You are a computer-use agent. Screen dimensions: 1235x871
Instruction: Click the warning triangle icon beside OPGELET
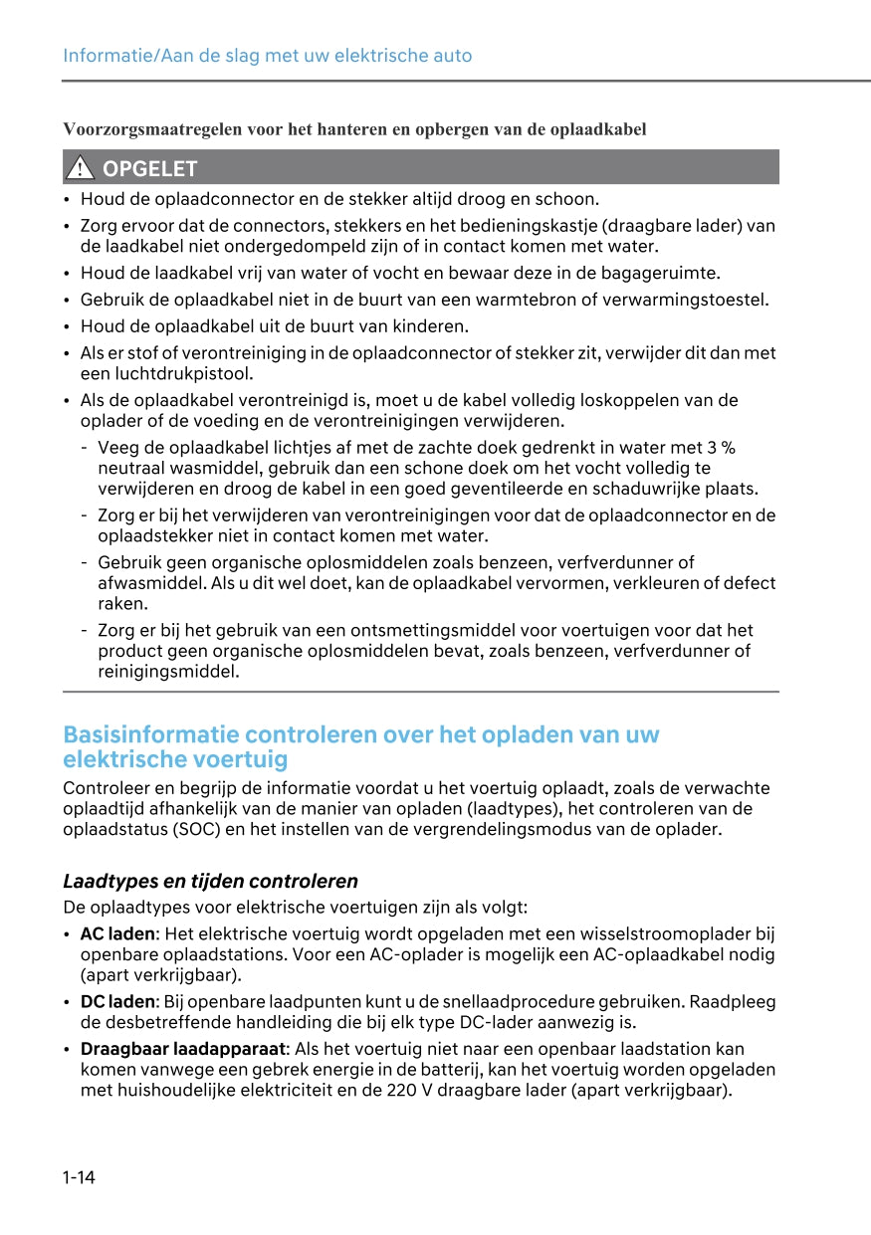click(80, 168)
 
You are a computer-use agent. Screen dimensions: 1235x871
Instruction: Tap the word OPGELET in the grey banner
click(150, 168)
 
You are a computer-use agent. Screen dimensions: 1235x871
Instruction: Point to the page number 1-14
click(79, 1178)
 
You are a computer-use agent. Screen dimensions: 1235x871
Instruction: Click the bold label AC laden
click(117, 933)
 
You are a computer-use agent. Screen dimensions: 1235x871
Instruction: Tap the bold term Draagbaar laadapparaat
click(183, 1049)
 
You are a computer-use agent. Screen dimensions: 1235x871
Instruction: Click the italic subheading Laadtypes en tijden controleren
click(210, 881)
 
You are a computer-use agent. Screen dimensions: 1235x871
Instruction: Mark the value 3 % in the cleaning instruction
click(721, 448)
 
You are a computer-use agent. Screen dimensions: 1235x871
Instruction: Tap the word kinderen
click(433, 326)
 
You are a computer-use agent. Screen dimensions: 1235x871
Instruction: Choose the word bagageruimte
click(660, 273)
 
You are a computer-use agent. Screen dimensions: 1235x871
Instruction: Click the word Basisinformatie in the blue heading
click(149, 735)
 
